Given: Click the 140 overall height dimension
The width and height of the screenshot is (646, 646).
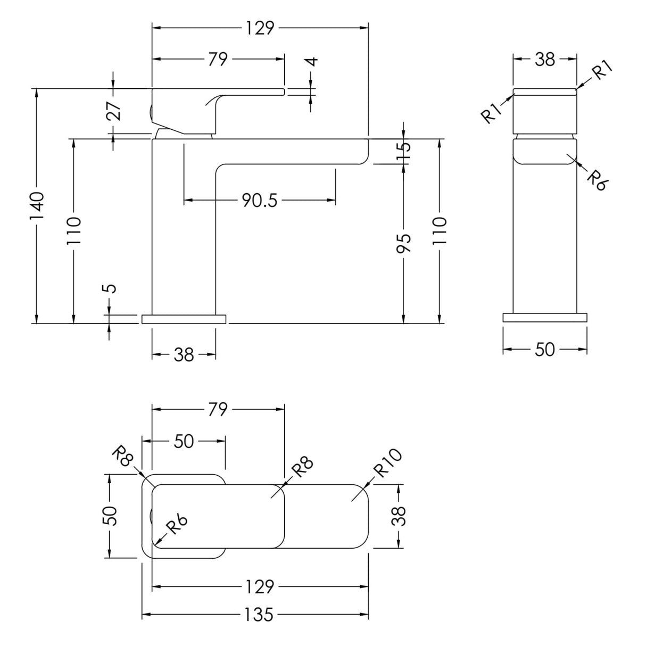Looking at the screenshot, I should coord(37,206).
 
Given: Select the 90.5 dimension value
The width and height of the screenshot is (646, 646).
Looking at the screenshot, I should coord(259,201).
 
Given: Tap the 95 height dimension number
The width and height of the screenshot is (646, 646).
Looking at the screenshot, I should coord(404,243).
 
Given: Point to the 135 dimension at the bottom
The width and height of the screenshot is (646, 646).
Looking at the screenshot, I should coord(259,615).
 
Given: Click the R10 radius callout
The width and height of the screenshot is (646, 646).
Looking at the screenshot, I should coord(387,464).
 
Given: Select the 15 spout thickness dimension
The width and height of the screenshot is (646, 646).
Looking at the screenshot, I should coord(404,153).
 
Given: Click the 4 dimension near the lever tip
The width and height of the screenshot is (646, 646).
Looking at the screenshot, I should coord(312,61).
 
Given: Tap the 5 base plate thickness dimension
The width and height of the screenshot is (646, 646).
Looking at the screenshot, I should coord(109,288).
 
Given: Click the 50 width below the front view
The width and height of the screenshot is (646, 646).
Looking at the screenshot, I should coord(544,349).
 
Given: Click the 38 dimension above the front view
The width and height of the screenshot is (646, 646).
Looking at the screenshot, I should coord(544,60).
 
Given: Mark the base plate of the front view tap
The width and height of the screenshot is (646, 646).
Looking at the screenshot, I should coord(545,318).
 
